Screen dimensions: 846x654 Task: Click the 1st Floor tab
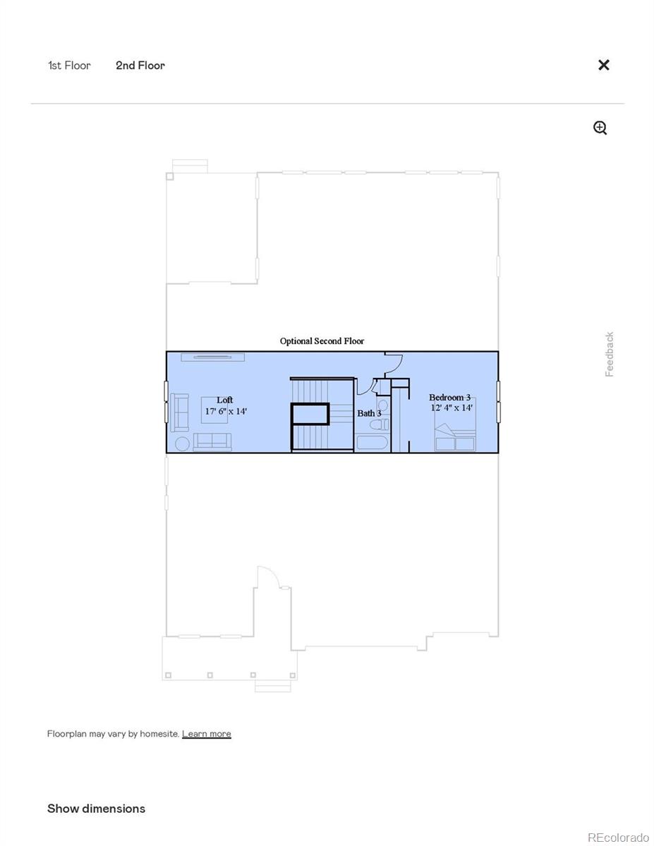click(69, 66)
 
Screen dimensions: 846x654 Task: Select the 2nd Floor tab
click(140, 66)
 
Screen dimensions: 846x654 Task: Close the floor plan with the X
click(604, 65)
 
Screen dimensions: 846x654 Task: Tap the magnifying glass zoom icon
click(600, 128)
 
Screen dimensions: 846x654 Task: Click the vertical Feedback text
click(610, 354)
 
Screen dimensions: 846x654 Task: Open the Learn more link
click(207, 734)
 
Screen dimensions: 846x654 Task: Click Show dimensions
click(96, 809)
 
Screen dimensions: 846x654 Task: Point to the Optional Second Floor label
click(322, 341)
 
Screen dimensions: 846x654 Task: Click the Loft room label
click(224, 400)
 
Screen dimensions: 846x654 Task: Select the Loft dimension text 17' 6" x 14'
click(226, 411)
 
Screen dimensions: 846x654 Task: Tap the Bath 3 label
click(368, 413)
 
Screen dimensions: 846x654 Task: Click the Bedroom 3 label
click(449, 398)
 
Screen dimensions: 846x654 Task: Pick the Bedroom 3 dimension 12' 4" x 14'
click(452, 407)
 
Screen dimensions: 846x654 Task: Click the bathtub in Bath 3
click(372, 443)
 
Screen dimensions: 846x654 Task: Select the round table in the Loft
click(182, 443)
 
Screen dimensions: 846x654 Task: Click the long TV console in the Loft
click(212, 357)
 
